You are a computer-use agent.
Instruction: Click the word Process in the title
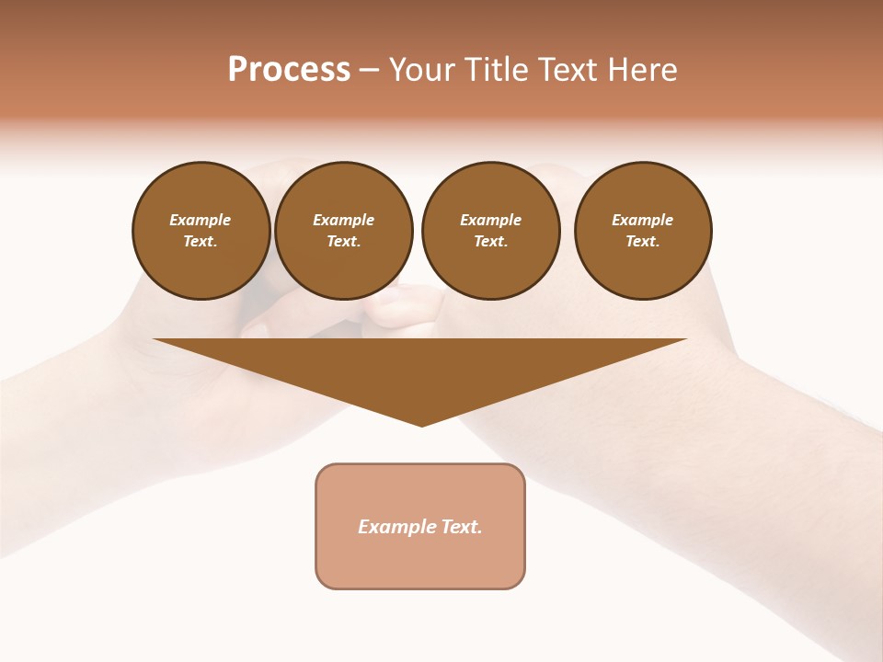(x=289, y=70)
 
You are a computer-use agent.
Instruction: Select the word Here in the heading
(x=642, y=70)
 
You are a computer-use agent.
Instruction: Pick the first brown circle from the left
(x=201, y=231)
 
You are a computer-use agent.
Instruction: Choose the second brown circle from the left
(x=344, y=231)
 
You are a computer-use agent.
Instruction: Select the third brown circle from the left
(x=490, y=231)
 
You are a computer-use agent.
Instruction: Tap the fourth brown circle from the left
(x=643, y=231)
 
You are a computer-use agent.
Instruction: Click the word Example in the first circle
(x=201, y=220)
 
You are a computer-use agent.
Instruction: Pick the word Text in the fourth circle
(x=642, y=242)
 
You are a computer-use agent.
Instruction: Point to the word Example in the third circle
(x=490, y=220)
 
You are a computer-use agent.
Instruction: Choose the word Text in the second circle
(x=343, y=242)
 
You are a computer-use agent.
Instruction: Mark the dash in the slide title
(x=369, y=70)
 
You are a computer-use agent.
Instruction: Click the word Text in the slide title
(x=567, y=70)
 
